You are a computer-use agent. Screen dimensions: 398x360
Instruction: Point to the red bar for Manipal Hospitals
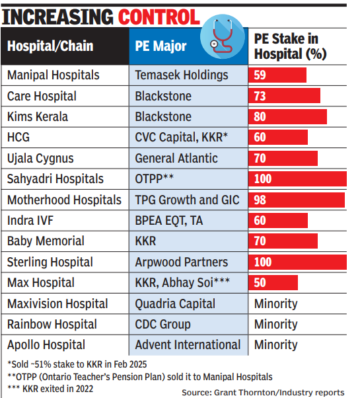point(277,75)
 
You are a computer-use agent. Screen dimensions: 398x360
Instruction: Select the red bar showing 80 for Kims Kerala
point(287,117)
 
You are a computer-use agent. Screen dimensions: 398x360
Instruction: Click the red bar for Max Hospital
point(273,283)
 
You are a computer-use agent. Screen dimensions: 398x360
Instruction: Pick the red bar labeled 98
point(297,200)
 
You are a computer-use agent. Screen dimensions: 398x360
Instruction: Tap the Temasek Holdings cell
point(181,75)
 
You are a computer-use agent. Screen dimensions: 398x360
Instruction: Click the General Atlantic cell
point(176,159)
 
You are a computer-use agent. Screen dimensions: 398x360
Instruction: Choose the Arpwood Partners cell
point(182,262)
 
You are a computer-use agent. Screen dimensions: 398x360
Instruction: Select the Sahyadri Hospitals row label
point(55,179)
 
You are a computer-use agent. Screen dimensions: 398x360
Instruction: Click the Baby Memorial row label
point(46,241)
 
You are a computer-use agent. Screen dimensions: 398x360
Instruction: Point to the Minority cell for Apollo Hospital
point(275,344)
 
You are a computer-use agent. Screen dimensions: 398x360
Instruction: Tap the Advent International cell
point(188,344)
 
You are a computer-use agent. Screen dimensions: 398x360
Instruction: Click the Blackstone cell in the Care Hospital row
point(163,97)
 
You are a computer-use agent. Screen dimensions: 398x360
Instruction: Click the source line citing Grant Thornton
point(263,392)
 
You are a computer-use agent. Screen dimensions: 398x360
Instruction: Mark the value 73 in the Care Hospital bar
point(260,97)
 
